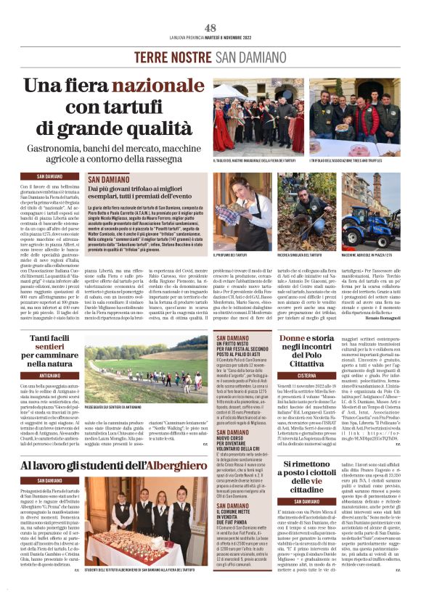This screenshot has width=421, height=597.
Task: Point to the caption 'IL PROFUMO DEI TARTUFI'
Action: coord(232,256)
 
